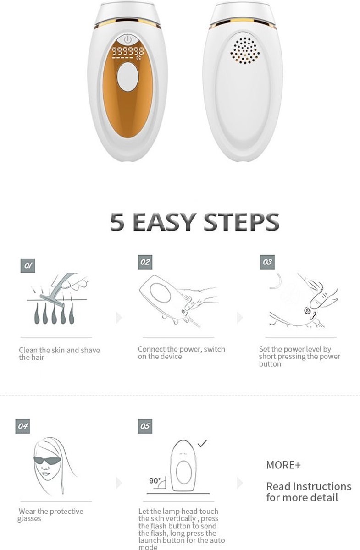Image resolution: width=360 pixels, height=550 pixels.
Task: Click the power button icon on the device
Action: pos(127,39)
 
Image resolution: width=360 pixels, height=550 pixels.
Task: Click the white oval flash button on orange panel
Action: pos(127,77)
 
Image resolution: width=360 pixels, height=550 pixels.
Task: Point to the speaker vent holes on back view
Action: pos(245,51)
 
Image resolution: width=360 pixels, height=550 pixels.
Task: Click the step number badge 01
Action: pos(28,265)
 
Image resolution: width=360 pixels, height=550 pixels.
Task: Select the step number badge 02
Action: pos(145,262)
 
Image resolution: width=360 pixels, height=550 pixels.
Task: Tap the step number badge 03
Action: pos(267,262)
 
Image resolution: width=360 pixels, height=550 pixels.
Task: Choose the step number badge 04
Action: pos(22,426)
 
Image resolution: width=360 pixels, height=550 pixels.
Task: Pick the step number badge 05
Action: pos(145,426)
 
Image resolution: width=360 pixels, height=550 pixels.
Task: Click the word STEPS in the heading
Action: pos(241,222)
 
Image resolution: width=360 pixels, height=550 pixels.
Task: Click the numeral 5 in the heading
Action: pos(117,222)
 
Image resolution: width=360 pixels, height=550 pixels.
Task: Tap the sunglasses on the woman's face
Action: pos(47,460)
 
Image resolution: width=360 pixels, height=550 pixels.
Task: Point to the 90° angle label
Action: pos(155,480)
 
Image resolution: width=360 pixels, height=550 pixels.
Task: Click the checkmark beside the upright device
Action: pos(202,443)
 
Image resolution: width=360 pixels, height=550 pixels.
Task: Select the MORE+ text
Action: pos(283,465)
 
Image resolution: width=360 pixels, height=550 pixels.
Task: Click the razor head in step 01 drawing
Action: pos(52,301)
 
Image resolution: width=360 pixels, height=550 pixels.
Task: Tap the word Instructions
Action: pos(322,486)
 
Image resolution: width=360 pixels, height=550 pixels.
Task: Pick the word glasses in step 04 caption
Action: pos(29,519)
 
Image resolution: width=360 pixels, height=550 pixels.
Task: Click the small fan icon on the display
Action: pos(141,58)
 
